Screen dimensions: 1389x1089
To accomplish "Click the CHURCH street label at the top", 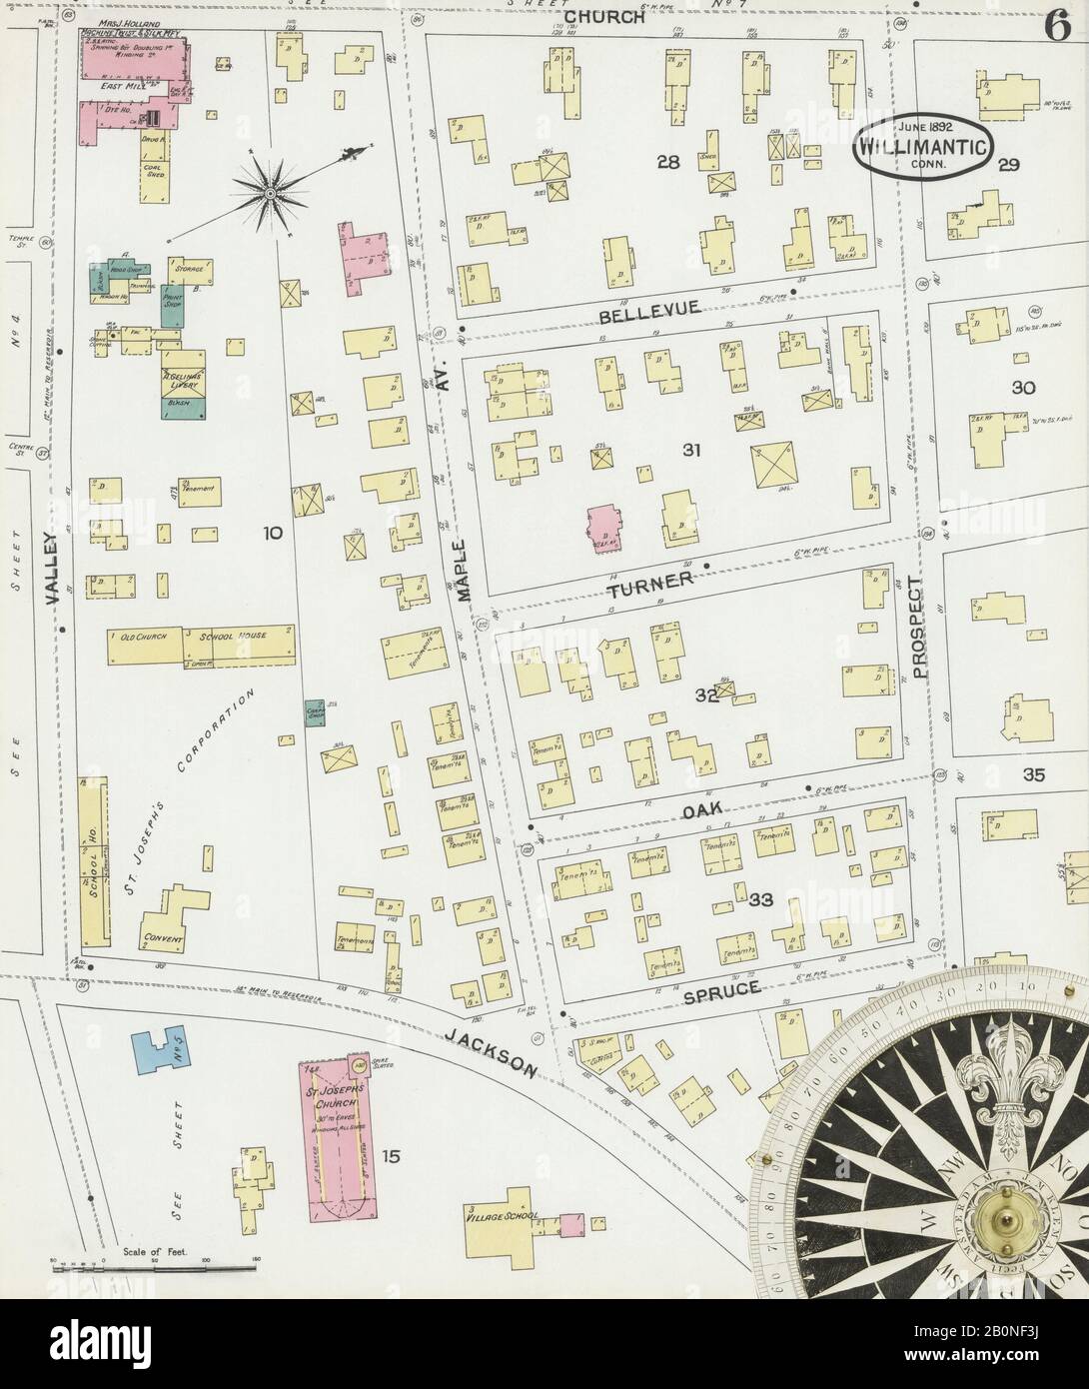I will (603, 16).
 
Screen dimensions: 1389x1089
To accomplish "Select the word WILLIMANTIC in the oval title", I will (921, 147).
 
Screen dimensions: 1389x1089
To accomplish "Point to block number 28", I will (668, 162).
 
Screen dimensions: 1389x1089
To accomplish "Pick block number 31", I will (690, 452).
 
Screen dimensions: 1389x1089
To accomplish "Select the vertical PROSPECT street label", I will (919, 629).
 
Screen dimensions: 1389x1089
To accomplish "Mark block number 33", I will (761, 900).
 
